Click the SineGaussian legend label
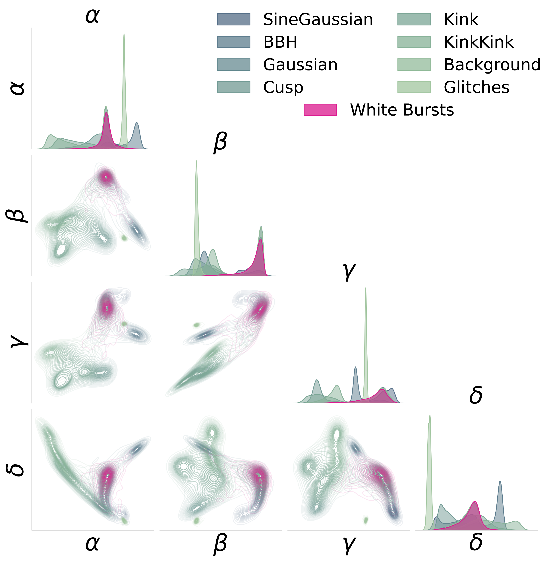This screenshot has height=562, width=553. click(x=318, y=20)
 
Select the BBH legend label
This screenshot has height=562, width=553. click(x=280, y=42)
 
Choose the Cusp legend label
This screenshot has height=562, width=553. click(x=283, y=87)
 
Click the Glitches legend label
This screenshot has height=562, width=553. click(x=476, y=87)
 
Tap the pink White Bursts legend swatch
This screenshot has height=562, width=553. click(x=320, y=110)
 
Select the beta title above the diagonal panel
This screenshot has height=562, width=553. click(x=220, y=143)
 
